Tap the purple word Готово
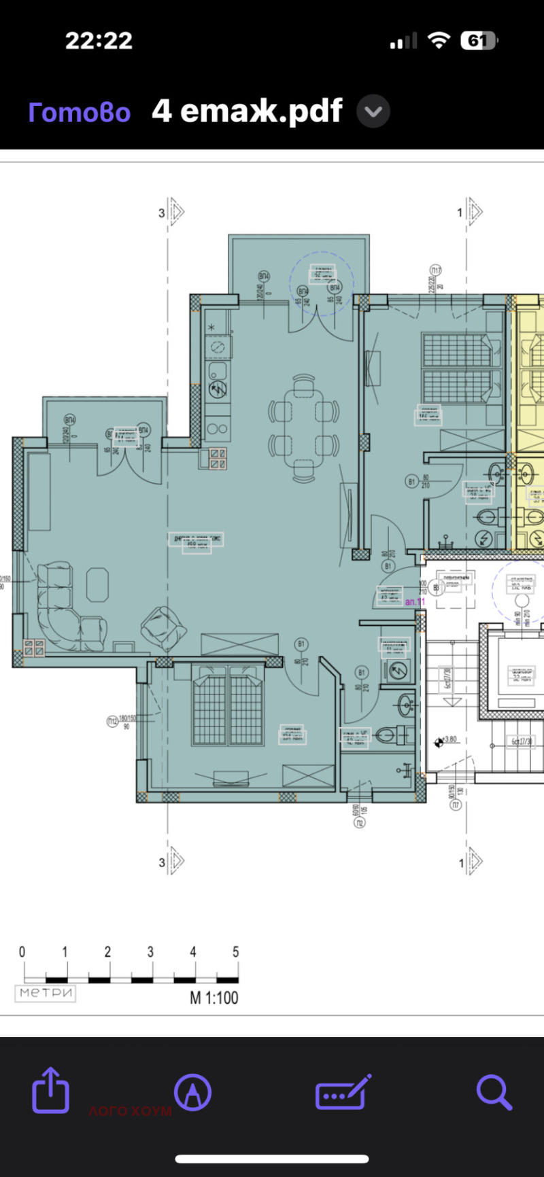click(79, 112)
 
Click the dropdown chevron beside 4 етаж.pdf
click(373, 112)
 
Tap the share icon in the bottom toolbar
click(51, 1091)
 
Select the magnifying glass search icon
click(494, 1091)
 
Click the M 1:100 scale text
click(214, 998)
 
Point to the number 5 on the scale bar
click(235, 952)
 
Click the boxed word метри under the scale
click(46, 993)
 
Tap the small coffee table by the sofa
click(98, 584)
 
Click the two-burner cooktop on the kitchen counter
click(218, 429)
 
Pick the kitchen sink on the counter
click(218, 371)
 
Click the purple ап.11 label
click(415, 602)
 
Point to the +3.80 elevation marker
click(447, 739)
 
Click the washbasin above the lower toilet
click(406, 705)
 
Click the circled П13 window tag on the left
click(113, 721)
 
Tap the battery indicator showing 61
click(479, 41)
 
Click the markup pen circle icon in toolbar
click(192, 1091)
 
